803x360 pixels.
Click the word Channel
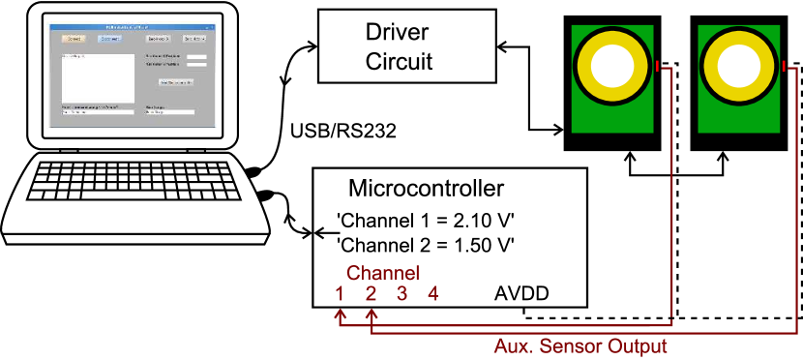(382, 273)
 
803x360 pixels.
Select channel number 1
(340, 294)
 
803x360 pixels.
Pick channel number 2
(371, 294)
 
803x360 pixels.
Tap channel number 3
(401, 294)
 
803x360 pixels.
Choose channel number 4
(432, 294)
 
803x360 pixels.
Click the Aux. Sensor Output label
(580, 345)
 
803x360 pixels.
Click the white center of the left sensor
(612, 66)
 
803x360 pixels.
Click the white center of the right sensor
(739, 66)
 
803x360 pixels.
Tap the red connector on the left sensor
(658, 66)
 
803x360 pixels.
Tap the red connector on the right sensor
(784, 66)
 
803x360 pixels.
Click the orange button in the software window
(74, 40)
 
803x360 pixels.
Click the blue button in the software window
(110, 40)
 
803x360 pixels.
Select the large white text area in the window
(98, 77)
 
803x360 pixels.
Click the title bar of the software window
(131, 27)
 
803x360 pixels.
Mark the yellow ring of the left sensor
(585, 66)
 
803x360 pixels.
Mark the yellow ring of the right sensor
(712, 66)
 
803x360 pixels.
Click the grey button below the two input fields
(177, 82)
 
